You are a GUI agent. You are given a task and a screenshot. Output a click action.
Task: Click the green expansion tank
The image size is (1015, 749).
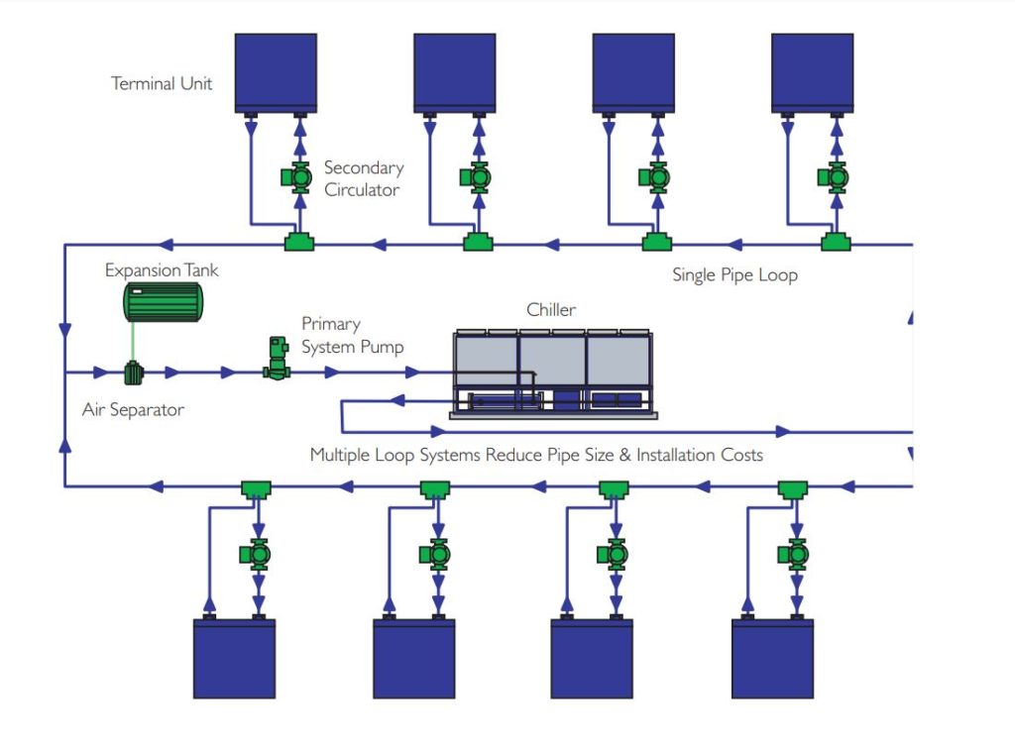click(x=163, y=301)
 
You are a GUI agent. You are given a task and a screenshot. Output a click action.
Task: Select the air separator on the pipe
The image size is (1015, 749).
click(x=133, y=374)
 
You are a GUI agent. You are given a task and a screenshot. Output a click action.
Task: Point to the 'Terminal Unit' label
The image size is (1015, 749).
click(x=162, y=83)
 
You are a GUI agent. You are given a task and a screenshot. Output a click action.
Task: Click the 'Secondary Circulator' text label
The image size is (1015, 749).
click(x=363, y=178)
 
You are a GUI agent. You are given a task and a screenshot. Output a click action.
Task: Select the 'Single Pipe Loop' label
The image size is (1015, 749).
click(x=734, y=274)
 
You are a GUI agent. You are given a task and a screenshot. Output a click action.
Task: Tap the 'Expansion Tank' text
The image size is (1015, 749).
click(x=162, y=270)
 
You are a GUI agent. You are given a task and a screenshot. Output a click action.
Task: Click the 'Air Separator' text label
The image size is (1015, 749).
click(x=133, y=408)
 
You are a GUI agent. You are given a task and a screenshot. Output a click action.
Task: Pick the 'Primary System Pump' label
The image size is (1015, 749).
click(x=352, y=335)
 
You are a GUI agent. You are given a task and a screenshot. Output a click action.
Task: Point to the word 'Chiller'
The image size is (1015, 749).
click(x=550, y=310)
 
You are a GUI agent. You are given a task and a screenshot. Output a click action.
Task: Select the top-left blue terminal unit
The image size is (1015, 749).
click(x=276, y=73)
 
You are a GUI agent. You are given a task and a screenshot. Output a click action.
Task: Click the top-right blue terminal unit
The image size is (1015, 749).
click(x=813, y=73)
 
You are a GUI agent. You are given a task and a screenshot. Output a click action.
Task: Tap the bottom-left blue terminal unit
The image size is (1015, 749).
click(x=234, y=658)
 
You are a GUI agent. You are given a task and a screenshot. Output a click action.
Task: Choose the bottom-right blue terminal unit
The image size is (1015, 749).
click(x=772, y=658)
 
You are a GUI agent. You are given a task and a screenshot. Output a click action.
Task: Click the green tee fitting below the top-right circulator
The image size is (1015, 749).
click(x=834, y=242)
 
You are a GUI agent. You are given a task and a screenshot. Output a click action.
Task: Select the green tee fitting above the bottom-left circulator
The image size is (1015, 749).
click(x=257, y=488)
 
